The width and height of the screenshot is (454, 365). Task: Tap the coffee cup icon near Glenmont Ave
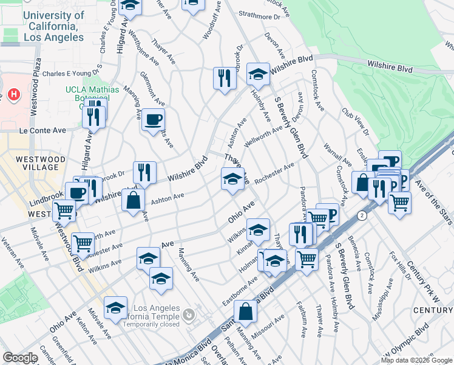[153, 119]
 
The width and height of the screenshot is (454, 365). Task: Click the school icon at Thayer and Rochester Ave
[233, 179]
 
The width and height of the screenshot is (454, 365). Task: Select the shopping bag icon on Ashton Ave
[133, 200]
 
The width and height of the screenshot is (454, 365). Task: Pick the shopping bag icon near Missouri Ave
[245, 311]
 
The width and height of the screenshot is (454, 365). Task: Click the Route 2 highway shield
[362, 215]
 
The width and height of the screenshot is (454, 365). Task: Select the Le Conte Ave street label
[42, 130]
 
